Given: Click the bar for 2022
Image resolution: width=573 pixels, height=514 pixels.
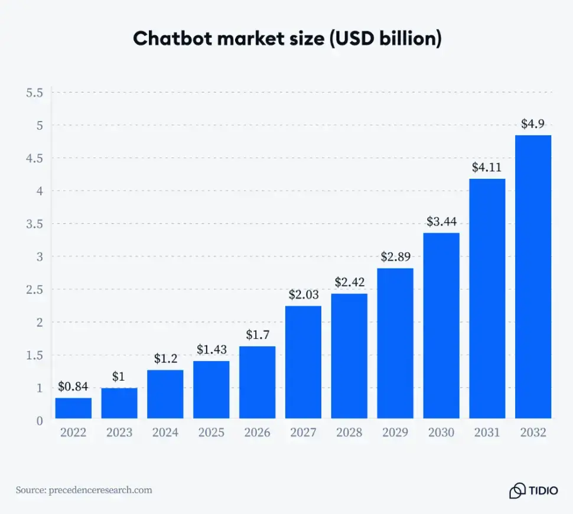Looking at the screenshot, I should click(x=73, y=408).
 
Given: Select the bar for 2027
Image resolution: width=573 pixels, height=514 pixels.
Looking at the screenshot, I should click(x=303, y=362).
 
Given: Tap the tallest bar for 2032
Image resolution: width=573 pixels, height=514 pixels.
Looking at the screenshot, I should click(x=533, y=277).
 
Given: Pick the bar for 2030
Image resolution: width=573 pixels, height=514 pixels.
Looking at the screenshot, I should click(x=441, y=325).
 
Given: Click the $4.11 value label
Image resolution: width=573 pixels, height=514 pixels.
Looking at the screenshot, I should click(x=487, y=167).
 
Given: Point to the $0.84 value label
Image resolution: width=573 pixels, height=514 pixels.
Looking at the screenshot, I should click(x=73, y=387).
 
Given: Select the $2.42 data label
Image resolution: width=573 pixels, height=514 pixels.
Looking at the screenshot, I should click(x=349, y=282).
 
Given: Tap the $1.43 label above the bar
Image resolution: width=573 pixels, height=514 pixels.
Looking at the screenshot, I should click(x=211, y=349).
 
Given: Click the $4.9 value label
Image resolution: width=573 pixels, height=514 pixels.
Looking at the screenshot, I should click(x=533, y=124).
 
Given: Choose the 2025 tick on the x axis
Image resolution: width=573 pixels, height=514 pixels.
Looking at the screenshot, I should click(x=211, y=433).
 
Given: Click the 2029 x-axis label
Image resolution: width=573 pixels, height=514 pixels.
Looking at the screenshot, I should click(x=395, y=433).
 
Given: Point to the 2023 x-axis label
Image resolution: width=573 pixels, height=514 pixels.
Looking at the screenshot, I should click(x=119, y=433).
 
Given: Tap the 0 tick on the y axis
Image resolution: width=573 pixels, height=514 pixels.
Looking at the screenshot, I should click(x=40, y=421).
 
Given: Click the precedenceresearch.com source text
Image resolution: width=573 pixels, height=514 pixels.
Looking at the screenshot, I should click(x=100, y=490).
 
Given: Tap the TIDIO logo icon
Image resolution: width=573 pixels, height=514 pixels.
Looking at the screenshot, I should click(x=517, y=490).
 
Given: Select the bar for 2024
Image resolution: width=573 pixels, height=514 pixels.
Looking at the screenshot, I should click(x=165, y=394).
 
